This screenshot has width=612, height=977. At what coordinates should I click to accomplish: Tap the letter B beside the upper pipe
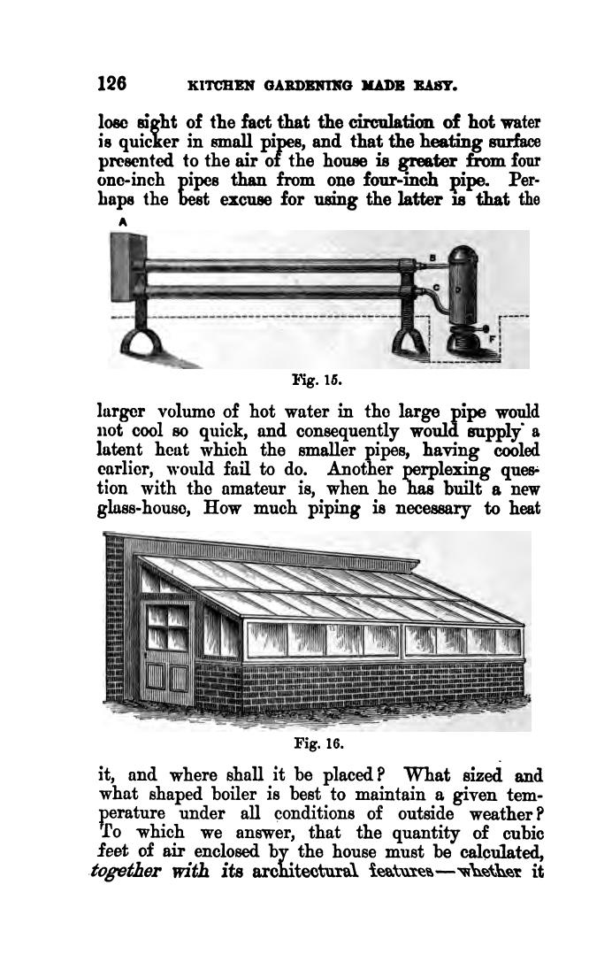(432, 258)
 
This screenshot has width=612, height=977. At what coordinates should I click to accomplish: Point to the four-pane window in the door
(167, 630)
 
